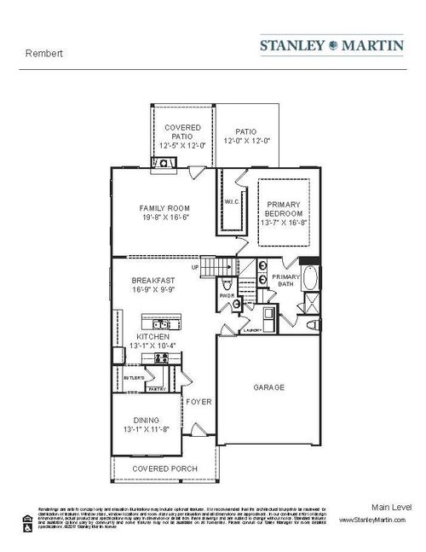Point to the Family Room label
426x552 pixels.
164,208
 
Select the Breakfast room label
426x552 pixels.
153,280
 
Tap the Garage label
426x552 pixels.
268,386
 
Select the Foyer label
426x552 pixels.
199,401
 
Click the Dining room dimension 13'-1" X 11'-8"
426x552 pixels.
146,429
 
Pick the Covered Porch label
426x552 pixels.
164,468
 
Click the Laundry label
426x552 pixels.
251,329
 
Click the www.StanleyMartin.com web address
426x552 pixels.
376,520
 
